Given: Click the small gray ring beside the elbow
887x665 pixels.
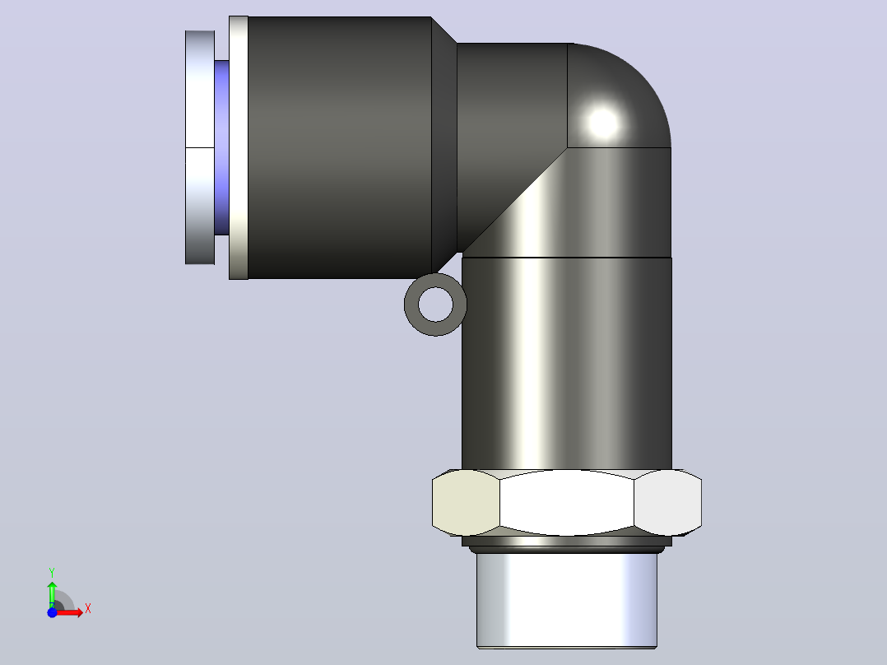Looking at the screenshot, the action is (411, 305).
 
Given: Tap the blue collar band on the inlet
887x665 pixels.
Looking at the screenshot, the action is (222, 147).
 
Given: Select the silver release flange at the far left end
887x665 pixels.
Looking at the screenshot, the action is (200, 147).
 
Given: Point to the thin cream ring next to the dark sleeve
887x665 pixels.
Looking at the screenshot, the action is (238, 147).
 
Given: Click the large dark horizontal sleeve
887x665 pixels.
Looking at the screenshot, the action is (339, 147).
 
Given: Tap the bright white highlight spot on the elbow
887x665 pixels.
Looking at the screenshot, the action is (603, 123).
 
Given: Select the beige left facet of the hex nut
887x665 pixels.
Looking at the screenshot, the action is (466, 503).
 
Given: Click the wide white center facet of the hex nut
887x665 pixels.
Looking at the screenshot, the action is (567, 503).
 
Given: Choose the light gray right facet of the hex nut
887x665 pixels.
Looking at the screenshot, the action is (667, 503).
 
